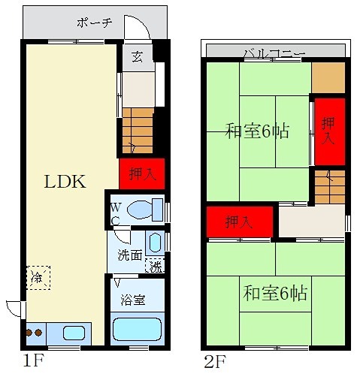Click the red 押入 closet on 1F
[x=141, y=174]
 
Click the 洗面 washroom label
[x=129, y=255]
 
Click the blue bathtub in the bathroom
[x=136, y=329]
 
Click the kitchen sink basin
[x=73, y=332]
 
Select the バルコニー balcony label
[x=274, y=52]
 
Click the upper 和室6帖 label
[x=257, y=131]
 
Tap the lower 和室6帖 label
[x=275, y=293]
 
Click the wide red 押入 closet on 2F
[x=240, y=222]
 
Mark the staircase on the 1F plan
[x=138, y=128]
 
